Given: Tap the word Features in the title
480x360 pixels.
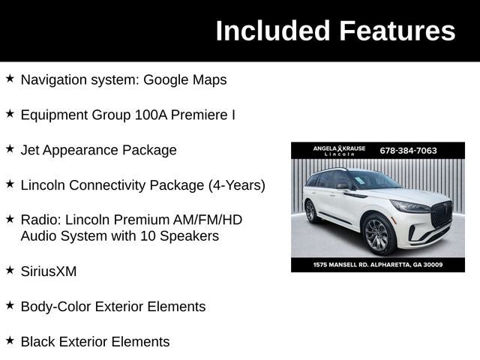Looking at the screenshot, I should pyautogui.click(x=397, y=31).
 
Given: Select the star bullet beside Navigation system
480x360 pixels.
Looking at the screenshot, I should pyautogui.click(x=10, y=78).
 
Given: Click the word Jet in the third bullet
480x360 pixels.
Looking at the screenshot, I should pyautogui.click(x=30, y=150).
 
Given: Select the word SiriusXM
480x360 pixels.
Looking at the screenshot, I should pyautogui.click(x=49, y=271).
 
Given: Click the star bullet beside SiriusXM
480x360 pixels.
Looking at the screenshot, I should pyautogui.click(x=10, y=269).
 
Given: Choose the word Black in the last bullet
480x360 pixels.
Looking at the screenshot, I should pyautogui.click(x=39, y=342).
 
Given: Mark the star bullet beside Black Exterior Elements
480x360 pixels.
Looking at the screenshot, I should pyautogui.click(x=10, y=340).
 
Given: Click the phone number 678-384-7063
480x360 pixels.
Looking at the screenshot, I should pyautogui.click(x=408, y=150).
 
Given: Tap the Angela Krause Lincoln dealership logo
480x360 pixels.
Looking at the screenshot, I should pyautogui.click(x=339, y=150).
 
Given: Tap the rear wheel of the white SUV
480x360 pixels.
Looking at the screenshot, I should pyautogui.click(x=310, y=211).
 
